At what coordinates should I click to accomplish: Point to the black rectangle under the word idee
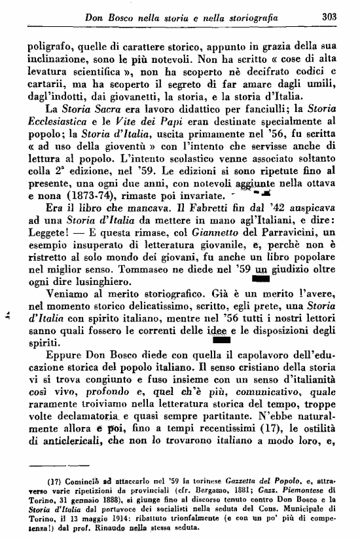coord(221,341)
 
